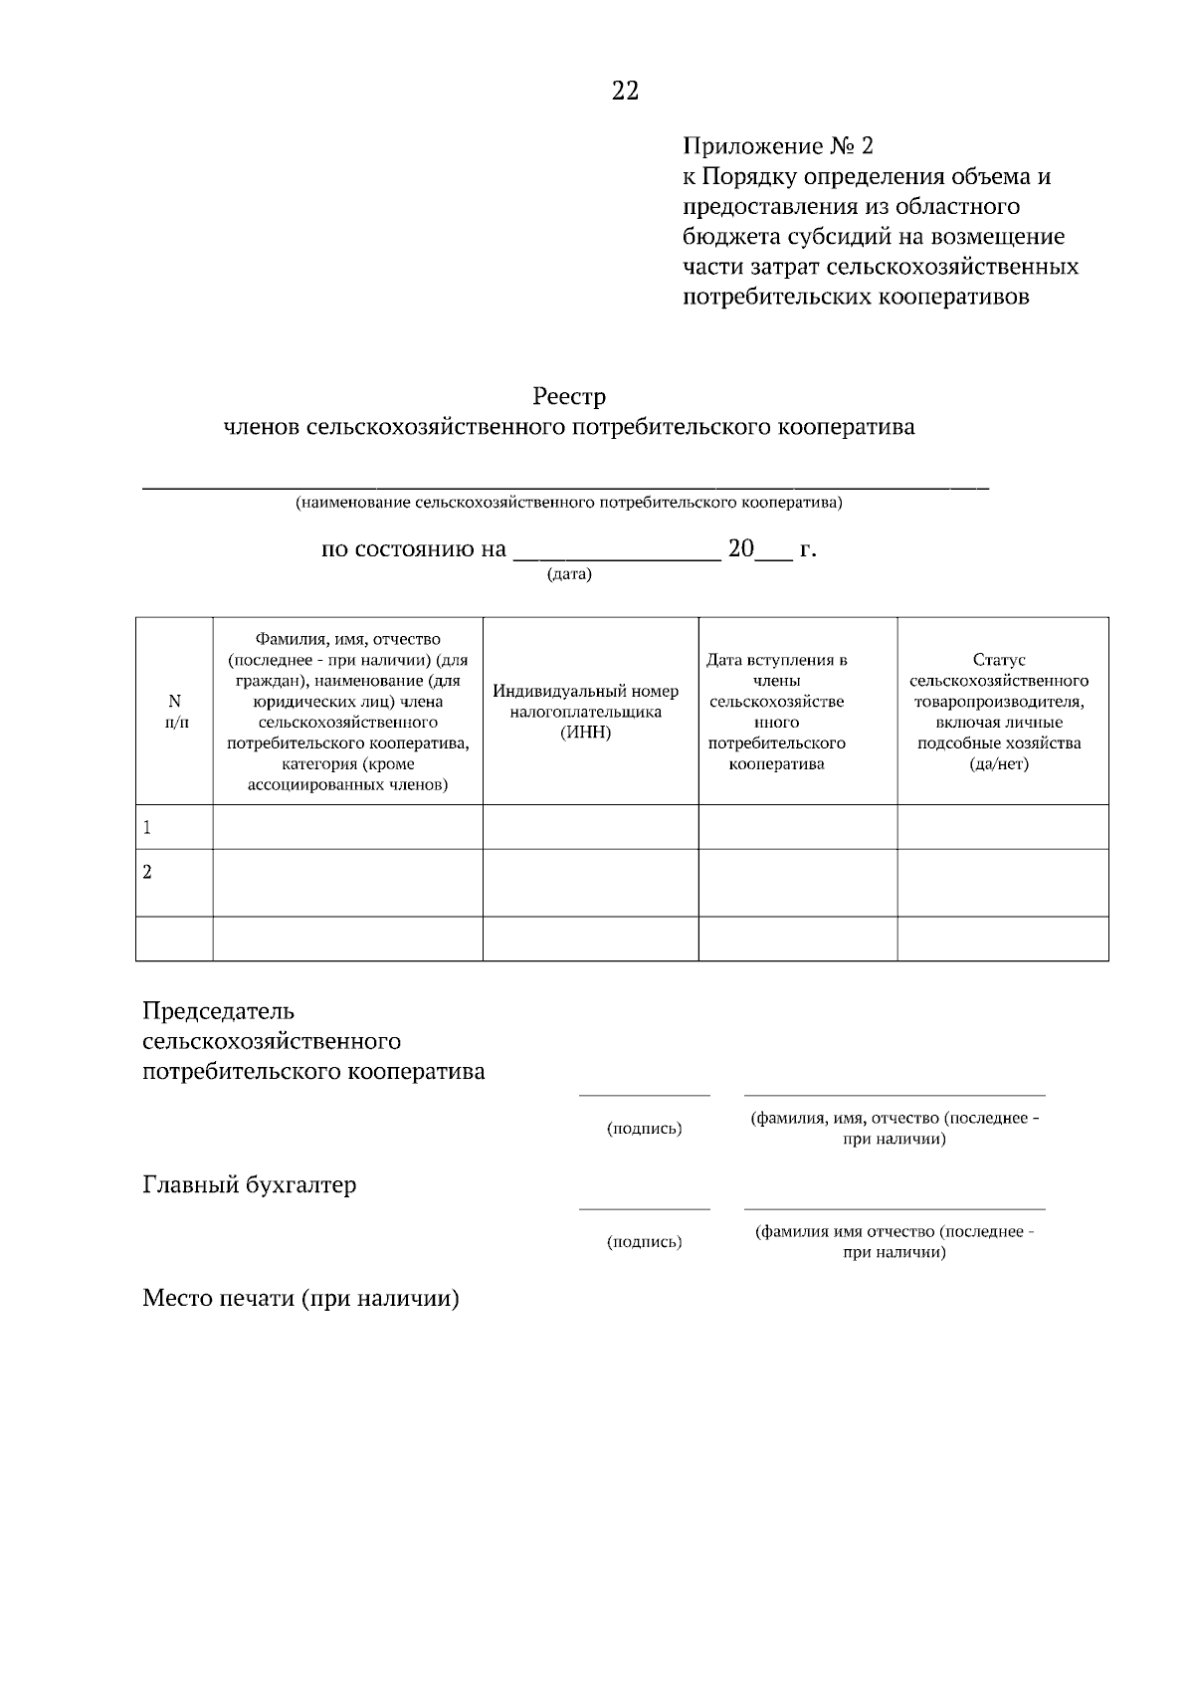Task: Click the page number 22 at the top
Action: [x=625, y=92]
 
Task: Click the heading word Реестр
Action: [x=569, y=396]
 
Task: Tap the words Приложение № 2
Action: [x=777, y=146]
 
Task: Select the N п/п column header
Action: [x=174, y=711]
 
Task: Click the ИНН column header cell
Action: [x=586, y=711]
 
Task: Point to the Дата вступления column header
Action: [x=777, y=711]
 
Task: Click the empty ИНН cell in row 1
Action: [x=590, y=826]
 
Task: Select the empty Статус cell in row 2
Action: [x=1002, y=882]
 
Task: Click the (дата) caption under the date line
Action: [x=569, y=575]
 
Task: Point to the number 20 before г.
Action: [x=741, y=549]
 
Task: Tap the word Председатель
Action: [x=219, y=1011]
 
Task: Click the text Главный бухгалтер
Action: [x=250, y=1185]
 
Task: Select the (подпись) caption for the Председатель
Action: [x=644, y=1129]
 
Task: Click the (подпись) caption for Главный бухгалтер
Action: [x=644, y=1241]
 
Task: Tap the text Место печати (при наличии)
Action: [x=300, y=1298]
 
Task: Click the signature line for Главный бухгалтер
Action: [x=644, y=1208]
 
